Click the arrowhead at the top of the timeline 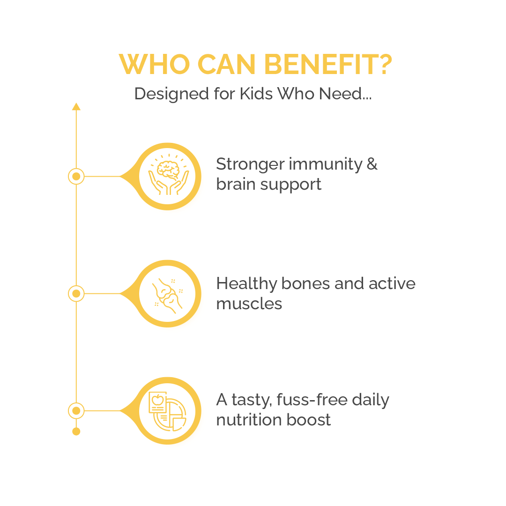click(76, 107)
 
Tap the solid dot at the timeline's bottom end click(76, 432)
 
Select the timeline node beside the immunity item click(76, 177)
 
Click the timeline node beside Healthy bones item click(76, 294)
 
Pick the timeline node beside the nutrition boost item click(76, 411)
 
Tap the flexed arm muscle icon click(168, 294)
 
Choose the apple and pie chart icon click(168, 411)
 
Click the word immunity click(326, 164)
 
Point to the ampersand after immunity click(372, 164)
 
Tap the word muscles click(249, 304)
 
